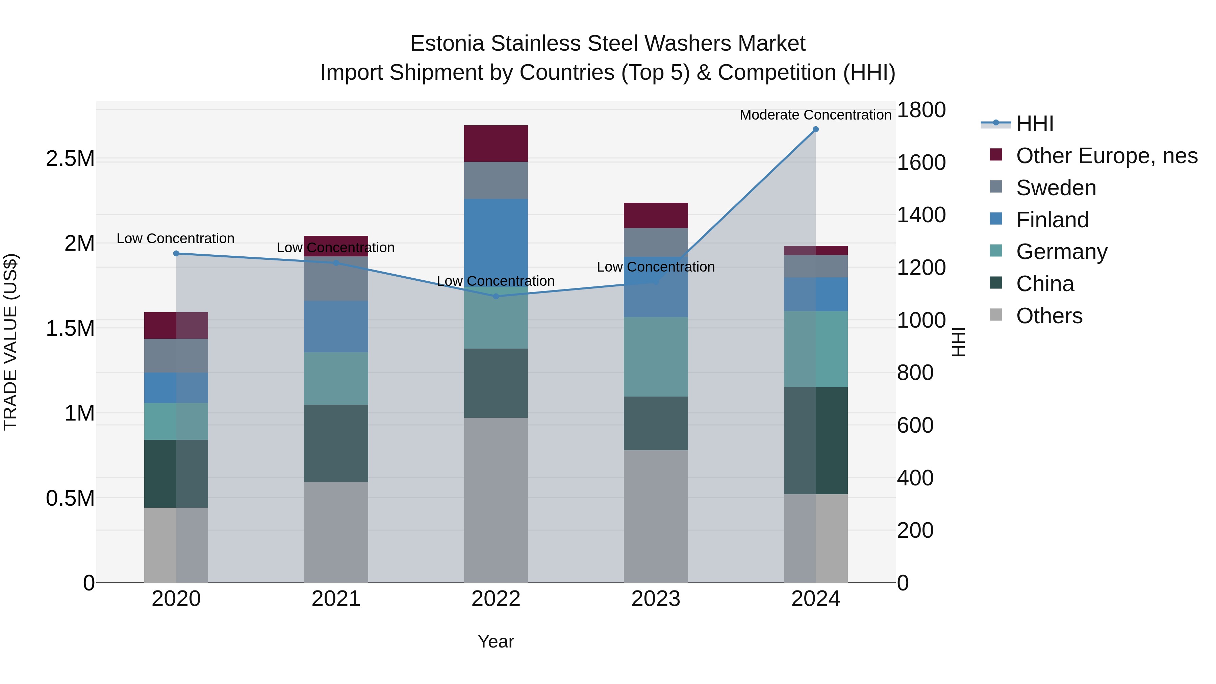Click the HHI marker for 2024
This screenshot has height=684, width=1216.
815,129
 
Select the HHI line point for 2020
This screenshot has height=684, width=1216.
176,253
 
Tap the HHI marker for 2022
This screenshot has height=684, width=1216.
496,297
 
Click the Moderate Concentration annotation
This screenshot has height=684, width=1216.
815,115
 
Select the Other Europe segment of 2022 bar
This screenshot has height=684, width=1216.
496,144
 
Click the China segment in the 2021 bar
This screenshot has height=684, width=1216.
336,443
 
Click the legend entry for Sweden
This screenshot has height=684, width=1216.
1056,188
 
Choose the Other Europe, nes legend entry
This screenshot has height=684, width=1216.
1107,156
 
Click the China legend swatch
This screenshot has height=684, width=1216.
995,283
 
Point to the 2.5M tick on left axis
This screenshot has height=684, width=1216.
70,159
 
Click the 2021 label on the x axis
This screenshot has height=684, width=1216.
336,599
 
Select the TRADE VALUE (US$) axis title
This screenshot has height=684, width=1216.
10,342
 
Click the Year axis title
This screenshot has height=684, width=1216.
496,641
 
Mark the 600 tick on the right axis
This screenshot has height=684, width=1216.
915,425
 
